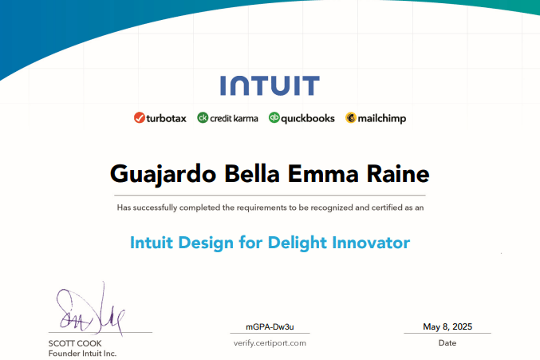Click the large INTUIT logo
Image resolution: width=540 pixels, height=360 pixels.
coord(270,85)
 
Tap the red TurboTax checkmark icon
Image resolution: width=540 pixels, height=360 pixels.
coord(139,118)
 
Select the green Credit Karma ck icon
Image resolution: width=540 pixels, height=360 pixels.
coord(203,118)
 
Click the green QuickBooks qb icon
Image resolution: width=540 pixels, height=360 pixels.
coord(274,118)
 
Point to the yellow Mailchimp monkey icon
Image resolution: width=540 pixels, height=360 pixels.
coord(351,118)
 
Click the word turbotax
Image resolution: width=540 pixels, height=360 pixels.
coord(167,118)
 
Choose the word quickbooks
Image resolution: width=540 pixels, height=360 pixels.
coord(308,119)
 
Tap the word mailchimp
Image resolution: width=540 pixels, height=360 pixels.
coord(382,119)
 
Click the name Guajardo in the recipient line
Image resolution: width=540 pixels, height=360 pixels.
coord(163,175)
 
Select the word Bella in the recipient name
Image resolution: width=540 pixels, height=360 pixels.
coord(252,174)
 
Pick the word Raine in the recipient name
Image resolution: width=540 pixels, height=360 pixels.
coord(398,174)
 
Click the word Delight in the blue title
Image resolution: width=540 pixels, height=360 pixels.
coord(297,243)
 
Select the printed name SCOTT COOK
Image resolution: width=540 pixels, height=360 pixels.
coord(75,343)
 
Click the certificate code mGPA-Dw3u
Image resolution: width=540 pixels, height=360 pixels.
coord(270,327)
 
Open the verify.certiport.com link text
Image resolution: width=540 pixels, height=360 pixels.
coord(270,343)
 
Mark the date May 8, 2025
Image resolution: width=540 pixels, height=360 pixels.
coord(447,326)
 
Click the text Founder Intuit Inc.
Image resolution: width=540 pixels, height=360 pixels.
coord(83,354)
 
